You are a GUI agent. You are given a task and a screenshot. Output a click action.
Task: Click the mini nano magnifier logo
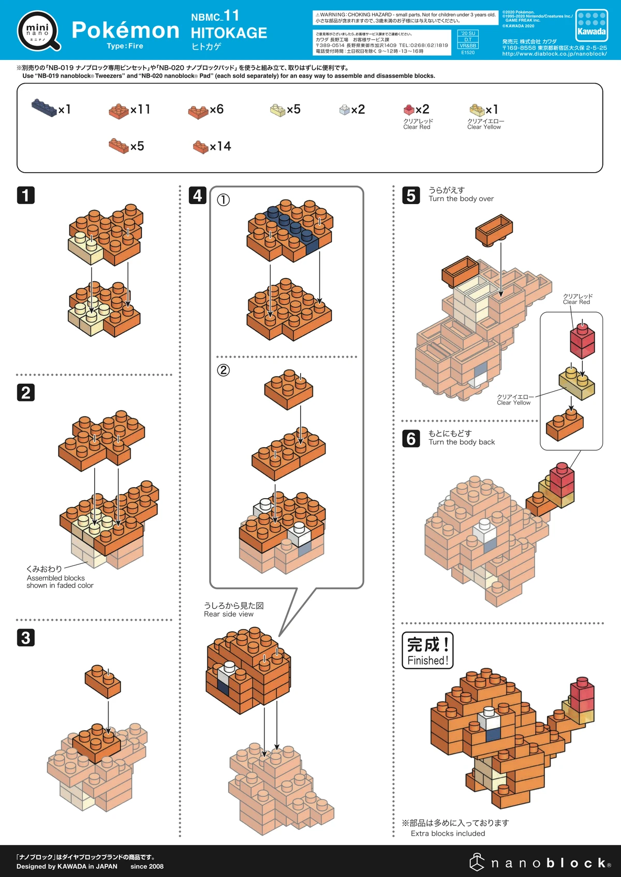(39, 31)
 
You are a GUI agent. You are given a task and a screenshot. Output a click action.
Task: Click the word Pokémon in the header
(125, 30)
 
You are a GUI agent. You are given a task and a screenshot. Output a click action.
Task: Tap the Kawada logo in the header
(592, 25)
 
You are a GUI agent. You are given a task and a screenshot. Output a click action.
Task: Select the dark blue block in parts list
(44, 107)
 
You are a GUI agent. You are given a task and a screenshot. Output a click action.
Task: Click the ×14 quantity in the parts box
(220, 146)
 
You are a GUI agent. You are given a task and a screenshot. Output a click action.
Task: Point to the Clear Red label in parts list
(417, 127)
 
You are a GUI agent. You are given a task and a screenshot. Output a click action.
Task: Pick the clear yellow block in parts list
(477, 110)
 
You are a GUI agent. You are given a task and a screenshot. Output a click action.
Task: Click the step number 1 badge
(26, 195)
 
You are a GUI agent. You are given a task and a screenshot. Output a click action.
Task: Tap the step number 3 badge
(26, 638)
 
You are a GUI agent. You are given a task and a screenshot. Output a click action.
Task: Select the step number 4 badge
(198, 195)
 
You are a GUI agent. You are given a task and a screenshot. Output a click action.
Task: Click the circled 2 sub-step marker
(223, 370)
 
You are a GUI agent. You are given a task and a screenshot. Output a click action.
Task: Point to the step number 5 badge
(411, 195)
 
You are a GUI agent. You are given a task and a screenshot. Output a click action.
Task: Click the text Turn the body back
(462, 442)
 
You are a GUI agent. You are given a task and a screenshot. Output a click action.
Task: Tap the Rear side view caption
(229, 614)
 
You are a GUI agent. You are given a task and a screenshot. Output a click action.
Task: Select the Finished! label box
(427, 651)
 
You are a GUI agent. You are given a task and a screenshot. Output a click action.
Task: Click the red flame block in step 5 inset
(582, 341)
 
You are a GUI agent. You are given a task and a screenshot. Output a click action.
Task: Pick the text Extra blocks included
(448, 834)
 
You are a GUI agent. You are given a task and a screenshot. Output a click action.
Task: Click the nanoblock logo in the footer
(541, 863)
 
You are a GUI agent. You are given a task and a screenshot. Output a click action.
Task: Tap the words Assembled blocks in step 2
(56, 578)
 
